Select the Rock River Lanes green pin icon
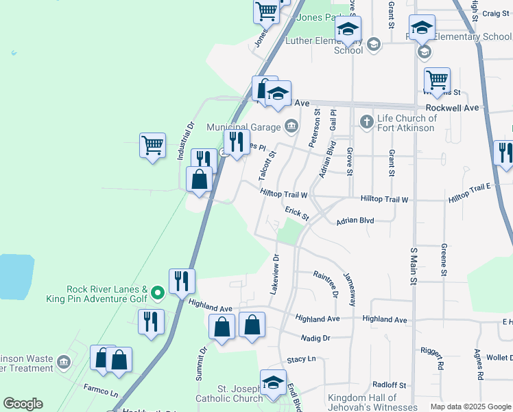coord(157,294)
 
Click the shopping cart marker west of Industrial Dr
coord(152,146)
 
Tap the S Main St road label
coord(414,266)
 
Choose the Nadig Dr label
coord(315,338)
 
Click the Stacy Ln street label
coord(301,359)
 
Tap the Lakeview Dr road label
coord(276,273)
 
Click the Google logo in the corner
coord(23,404)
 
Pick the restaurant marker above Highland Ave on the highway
coord(182,281)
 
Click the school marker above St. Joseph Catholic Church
coord(273,383)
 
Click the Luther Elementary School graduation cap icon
coord(374,45)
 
